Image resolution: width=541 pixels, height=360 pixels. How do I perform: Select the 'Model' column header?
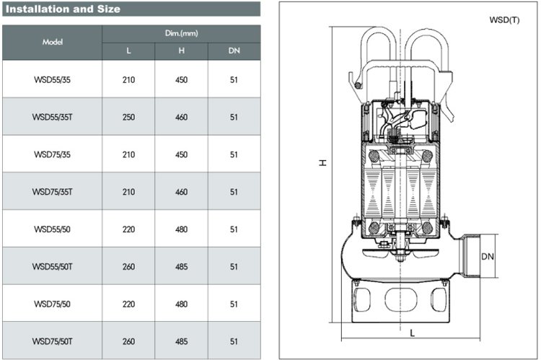click(x=53, y=43)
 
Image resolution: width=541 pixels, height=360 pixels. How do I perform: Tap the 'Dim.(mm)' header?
click(x=181, y=34)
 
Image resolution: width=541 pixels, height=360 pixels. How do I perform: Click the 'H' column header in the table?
click(x=182, y=52)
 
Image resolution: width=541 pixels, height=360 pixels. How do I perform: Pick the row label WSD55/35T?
click(x=53, y=117)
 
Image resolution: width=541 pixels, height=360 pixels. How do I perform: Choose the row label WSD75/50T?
click(x=53, y=341)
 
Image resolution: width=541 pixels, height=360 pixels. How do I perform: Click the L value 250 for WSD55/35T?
click(x=129, y=117)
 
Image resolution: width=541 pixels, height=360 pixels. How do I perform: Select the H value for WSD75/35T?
click(x=182, y=192)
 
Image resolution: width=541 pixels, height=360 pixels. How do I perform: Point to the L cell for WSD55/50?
click(x=129, y=229)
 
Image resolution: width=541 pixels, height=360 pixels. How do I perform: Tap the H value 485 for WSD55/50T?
click(x=182, y=267)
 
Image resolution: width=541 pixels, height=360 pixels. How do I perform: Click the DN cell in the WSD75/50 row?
click(x=234, y=304)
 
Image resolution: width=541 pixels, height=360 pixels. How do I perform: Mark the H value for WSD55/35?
click(x=182, y=79)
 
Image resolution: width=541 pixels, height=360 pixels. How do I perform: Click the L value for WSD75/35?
click(x=129, y=154)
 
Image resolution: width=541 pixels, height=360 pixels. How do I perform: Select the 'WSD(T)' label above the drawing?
click(x=503, y=19)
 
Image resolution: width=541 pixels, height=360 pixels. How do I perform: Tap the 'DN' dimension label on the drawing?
click(x=488, y=255)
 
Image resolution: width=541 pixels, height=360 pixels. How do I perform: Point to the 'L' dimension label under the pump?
click(x=412, y=333)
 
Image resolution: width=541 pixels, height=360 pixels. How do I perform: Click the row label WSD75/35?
click(x=53, y=154)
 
